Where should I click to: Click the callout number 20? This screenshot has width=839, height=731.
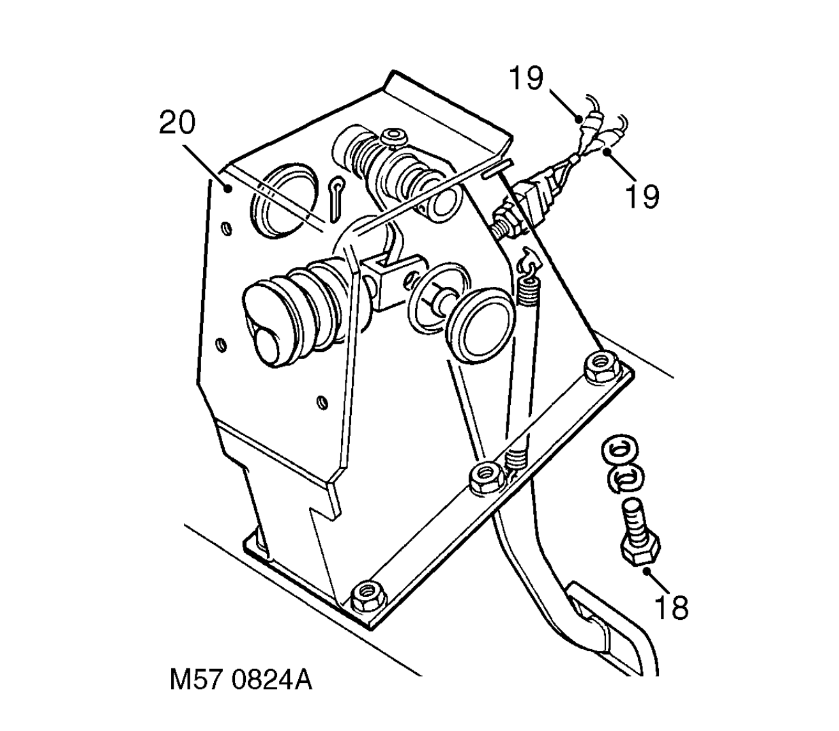pos(178,124)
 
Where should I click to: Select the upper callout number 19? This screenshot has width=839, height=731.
pos(525,79)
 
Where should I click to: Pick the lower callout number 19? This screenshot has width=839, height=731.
pos(642,196)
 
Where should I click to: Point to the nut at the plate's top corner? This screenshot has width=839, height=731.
pos(600,367)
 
